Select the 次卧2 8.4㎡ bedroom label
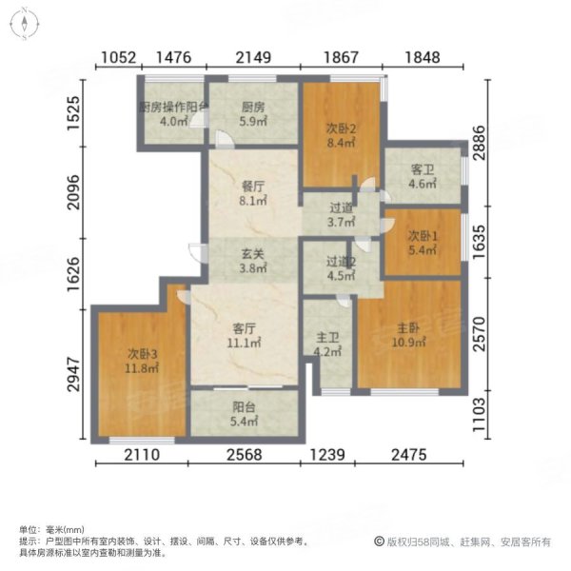point(339,135)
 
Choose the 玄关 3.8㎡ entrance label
point(252,261)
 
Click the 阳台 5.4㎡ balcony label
point(245,413)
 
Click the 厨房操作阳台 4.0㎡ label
point(171,114)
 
